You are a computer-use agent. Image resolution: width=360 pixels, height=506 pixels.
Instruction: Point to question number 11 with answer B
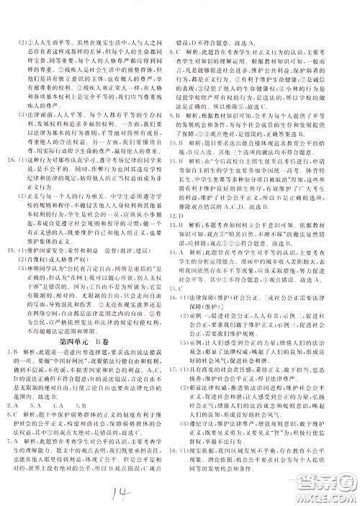[192, 159]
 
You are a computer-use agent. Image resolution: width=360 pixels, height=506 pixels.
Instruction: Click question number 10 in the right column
[192, 141]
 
